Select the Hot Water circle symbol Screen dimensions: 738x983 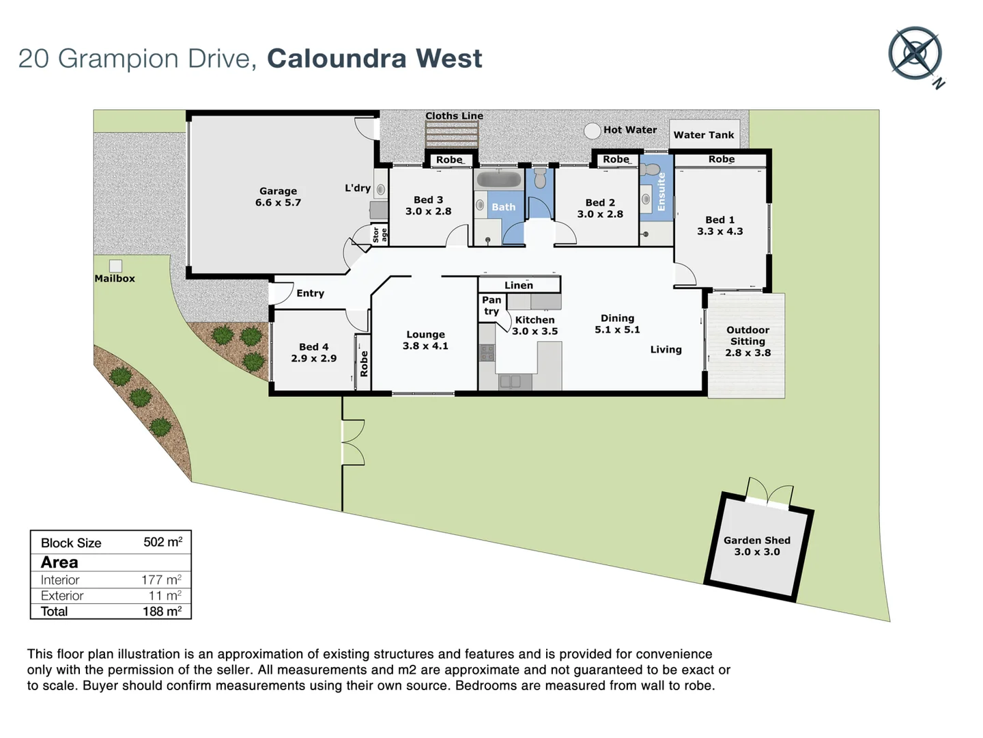pyautogui.click(x=592, y=131)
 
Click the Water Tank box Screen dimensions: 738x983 pyautogui.click(x=704, y=135)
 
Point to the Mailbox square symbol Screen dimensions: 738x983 pyautogui.click(x=116, y=266)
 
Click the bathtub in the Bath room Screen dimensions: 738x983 pyautogui.click(x=498, y=180)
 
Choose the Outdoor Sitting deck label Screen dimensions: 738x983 pyautogui.click(x=747, y=341)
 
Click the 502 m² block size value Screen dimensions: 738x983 pyautogui.click(x=162, y=543)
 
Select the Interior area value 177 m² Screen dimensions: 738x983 pyautogui.click(x=161, y=579)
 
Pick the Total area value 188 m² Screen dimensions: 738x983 pyautogui.click(x=162, y=612)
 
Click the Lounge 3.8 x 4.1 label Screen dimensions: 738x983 pyautogui.click(x=425, y=340)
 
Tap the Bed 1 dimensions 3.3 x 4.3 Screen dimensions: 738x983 pyautogui.click(x=720, y=232)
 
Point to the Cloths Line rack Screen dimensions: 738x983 pyautogui.click(x=451, y=135)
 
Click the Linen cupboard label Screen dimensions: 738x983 pyautogui.click(x=519, y=285)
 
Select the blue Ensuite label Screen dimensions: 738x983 pyautogui.click(x=661, y=191)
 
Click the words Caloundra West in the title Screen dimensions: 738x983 pyautogui.click(x=374, y=59)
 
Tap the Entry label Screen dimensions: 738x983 pyautogui.click(x=310, y=293)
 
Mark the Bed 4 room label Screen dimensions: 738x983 pyautogui.click(x=313, y=347)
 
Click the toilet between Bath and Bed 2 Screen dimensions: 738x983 pyautogui.click(x=540, y=179)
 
